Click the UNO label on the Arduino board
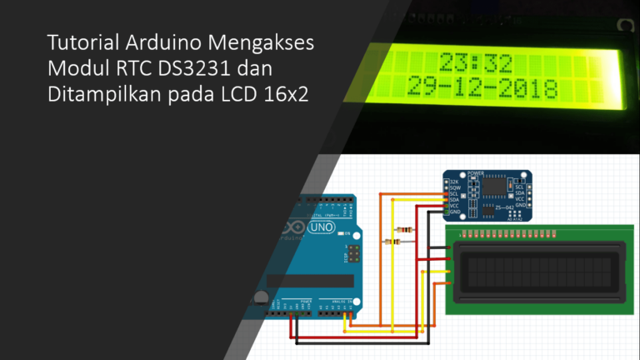(x=321, y=227)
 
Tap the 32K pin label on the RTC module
(x=454, y=182)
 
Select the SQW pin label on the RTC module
(x=454, y=189)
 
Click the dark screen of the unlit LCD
(x=537, y=270)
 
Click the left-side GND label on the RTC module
(x=454, y=212)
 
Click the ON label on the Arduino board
(x=344, y=236)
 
